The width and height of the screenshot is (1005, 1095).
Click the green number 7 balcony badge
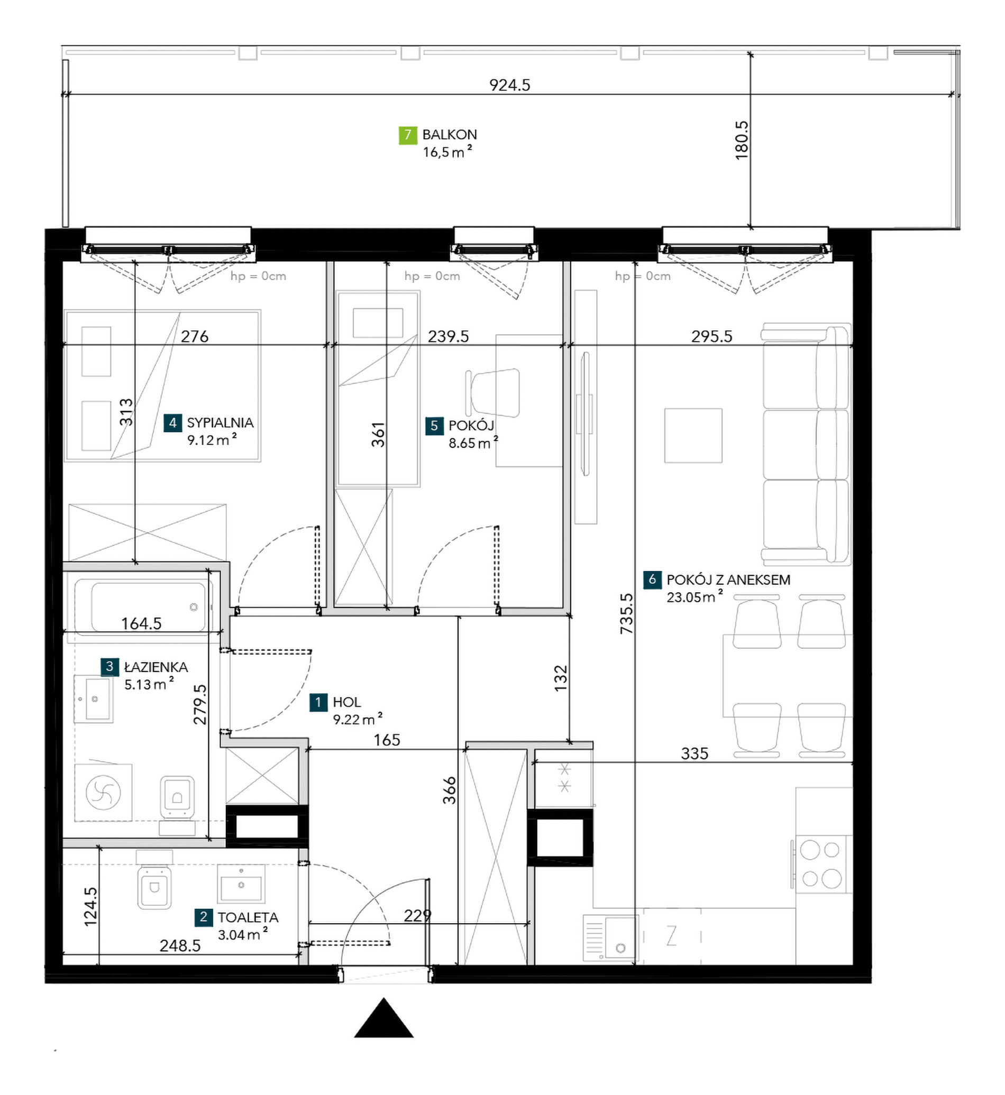point(408,135)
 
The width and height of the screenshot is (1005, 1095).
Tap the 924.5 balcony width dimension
point(509,85)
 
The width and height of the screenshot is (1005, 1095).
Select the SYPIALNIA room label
point(220,422)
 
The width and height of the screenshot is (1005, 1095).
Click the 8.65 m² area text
point(473,443)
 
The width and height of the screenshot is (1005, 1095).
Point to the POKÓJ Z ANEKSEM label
point(728,579)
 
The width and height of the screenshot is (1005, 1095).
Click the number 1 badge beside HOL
point(318,703)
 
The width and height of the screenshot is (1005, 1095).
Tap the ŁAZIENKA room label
point(156,667)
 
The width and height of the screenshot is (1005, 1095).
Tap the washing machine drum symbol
point(103,793)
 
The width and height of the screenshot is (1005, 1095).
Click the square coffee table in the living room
point(693,436)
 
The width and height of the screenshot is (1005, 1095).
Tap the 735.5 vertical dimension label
point(627,613)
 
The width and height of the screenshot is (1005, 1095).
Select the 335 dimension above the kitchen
point(695,753)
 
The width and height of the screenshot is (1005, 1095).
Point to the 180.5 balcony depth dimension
point(742,140)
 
